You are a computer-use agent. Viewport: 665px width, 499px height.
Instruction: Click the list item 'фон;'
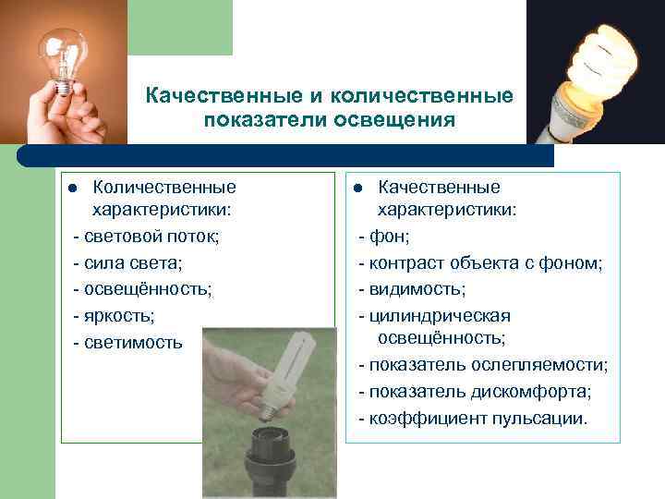point(384,237)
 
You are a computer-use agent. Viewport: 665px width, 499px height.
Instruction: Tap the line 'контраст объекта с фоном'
point(480,263)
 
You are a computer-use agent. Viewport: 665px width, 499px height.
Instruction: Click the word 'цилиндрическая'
point(440,316)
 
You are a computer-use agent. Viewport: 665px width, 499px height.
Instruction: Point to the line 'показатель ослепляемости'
point(482,365)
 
